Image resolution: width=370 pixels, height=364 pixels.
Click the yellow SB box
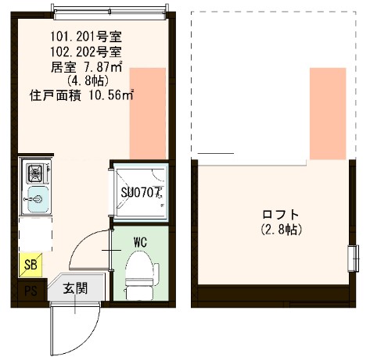click(x=31, y=265)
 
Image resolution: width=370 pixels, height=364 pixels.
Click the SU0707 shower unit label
click(x=140, y=191)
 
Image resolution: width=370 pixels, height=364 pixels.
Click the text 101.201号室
click(x=85, y=36)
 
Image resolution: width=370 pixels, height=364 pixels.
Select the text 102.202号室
click(x=85, y=51)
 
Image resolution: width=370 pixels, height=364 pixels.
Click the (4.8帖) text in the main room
click(x=81, y=80)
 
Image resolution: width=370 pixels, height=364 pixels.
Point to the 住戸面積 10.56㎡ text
click(x=82, y=95)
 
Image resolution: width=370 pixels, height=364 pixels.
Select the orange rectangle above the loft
click(x=327, y=113)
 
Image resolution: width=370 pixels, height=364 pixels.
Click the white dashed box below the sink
click(x=35, y=231)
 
